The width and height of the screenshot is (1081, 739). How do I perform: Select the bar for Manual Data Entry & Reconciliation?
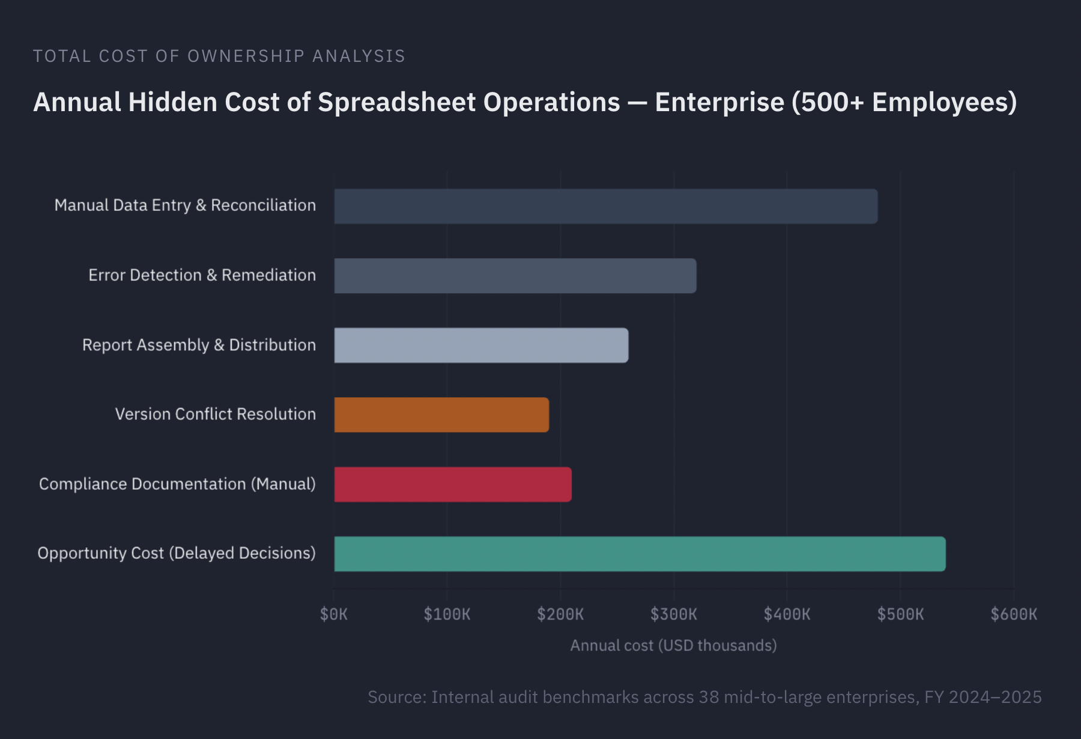[x=605, y=206]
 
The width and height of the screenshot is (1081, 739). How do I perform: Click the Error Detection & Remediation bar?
[x=515, y=276]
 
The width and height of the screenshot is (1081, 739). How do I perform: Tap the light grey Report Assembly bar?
[x=481, y=345]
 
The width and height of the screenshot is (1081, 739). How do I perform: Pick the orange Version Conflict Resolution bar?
[x=441, y=415]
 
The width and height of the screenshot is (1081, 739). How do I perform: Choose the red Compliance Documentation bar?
[x=453, y=484]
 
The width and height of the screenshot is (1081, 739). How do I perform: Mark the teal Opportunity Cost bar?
[x=640, y=554]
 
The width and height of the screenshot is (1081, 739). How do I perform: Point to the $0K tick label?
[x=334, y=614]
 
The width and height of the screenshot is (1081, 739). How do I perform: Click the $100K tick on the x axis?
[x=447, y=614]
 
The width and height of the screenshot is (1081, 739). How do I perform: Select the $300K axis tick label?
[x=674, y=614]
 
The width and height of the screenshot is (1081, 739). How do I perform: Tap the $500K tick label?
[x=900, y=614]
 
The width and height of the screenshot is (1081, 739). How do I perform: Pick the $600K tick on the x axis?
[x=1014, y=614]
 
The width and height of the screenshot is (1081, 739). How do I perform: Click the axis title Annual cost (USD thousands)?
[x=673, y=645]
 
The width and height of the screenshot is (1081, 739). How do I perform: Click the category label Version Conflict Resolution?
[x=215, y=414]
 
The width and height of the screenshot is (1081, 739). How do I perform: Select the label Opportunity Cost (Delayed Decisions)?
[x=176, y=553]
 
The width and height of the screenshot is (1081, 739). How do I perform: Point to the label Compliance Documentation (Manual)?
[x=177, y=484]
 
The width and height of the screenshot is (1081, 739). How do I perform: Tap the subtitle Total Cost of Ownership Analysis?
[x=219, y=56]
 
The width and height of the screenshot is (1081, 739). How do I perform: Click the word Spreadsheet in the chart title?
[x=397, y=102]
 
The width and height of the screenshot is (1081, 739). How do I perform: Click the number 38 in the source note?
[x=709, y=697]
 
